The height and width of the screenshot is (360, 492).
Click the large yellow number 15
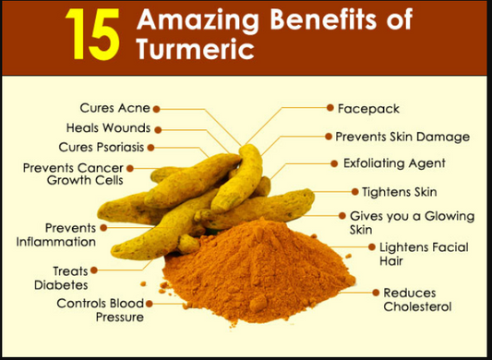click(x=92, y=34)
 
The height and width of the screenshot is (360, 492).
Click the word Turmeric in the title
click(x=195, y=49)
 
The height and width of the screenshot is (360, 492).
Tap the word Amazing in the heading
click(x=198, y=20)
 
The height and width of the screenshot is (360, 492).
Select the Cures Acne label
click(x=114, y=108)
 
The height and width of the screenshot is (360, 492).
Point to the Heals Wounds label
click(x=108, y=128)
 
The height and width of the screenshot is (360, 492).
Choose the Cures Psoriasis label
click(x=101, y=147)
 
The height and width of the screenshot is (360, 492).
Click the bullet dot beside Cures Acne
click(x=156, y=109)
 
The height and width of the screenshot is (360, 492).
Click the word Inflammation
click(x=56, y=242)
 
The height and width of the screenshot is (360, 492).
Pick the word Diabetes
click(x=61, y=285)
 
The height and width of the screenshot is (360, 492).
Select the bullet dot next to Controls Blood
click(x=150, y=304)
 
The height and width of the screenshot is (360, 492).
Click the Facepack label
click(x=368, y=109)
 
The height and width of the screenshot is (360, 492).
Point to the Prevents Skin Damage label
click(x=402, y=137)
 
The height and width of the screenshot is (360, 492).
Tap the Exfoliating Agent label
click(x=394, y=163)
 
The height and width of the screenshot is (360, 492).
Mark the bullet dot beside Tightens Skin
click(x=354, y=192)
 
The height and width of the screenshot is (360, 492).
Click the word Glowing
click(x=450, y=216)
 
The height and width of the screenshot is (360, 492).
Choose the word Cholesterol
click(x=417, y=306)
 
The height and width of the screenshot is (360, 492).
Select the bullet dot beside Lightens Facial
click(x=372, y=247)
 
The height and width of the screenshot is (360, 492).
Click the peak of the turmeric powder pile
click(x=261, y=219)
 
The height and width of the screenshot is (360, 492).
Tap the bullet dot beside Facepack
click(x=330, y=108)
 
